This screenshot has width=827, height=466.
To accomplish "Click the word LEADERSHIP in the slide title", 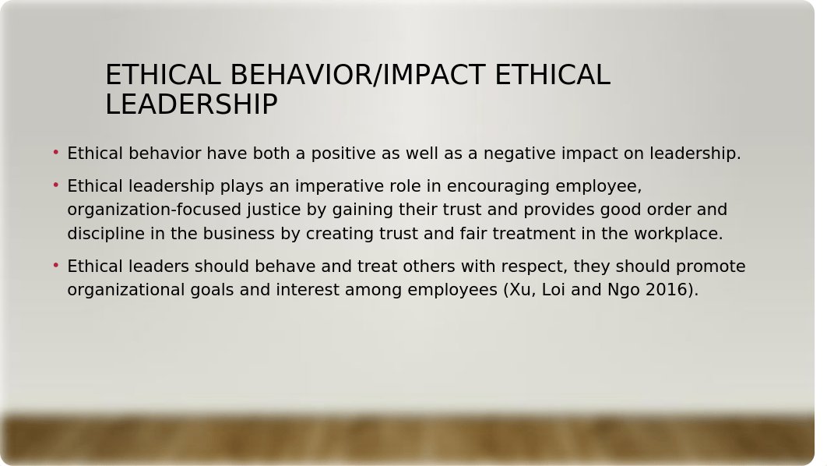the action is click(192, 104).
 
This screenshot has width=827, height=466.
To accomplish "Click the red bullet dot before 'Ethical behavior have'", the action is click(56, 153).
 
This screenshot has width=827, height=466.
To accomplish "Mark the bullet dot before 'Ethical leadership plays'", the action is click(56, 185).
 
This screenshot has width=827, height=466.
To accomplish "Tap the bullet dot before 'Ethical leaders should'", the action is click(56, 266).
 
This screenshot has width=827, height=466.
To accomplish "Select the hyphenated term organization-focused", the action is click(154, 210).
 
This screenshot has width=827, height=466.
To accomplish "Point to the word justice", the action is click(274, 210).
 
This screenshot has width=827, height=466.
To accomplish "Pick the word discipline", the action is click(106, 234).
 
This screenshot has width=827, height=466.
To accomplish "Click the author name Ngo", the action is click(624, 290).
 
